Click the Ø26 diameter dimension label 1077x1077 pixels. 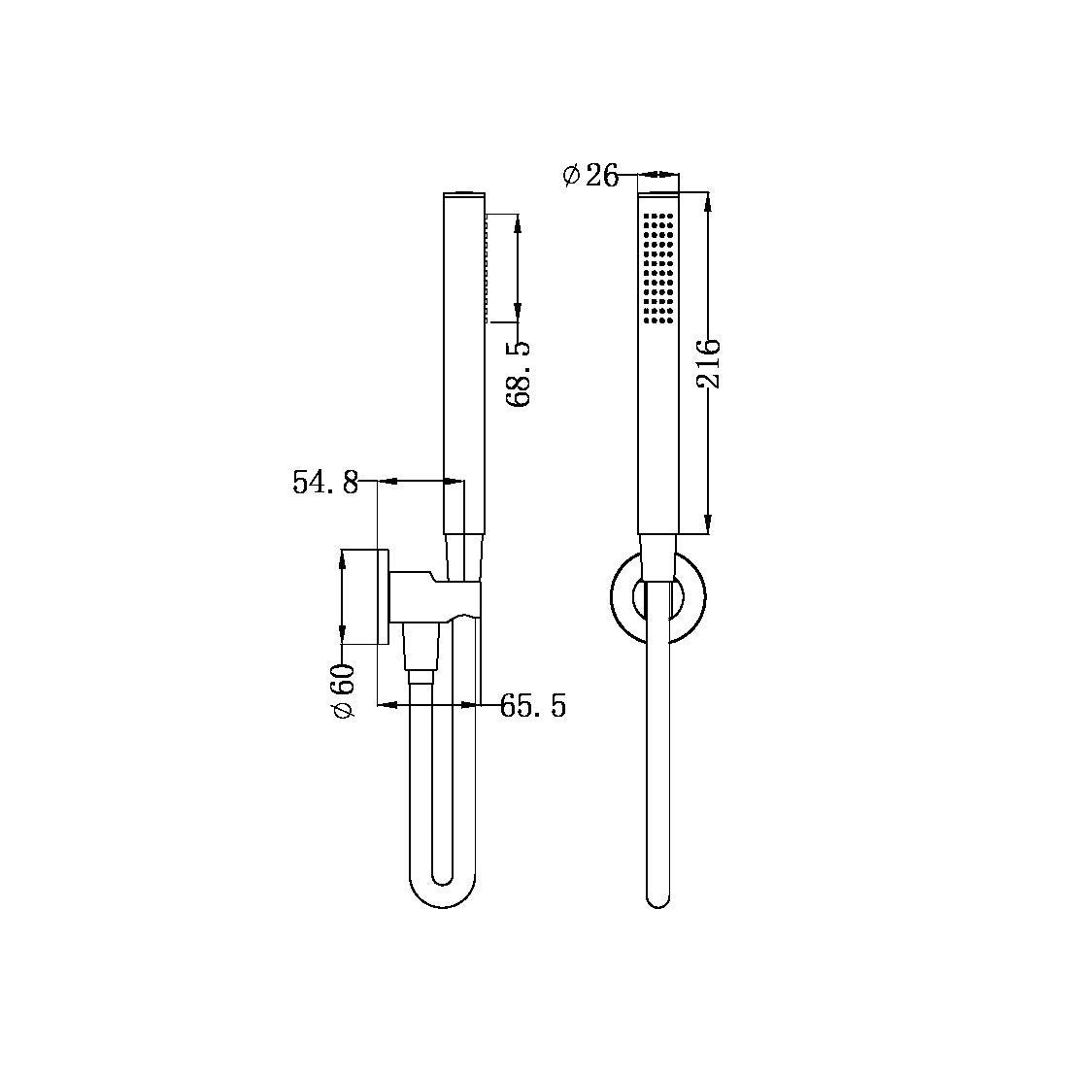(x=590, y=176)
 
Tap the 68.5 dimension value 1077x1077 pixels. (x=519, y=373)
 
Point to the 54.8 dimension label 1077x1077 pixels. (x=325, y=483)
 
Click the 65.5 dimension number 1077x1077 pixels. (x=532, y=706)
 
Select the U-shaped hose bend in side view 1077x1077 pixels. (x=442, y=889)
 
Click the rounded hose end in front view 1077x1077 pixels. (x=657, y=893)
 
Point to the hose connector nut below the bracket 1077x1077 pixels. (x=421, y=672)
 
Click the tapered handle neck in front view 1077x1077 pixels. (x=657, y=558)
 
